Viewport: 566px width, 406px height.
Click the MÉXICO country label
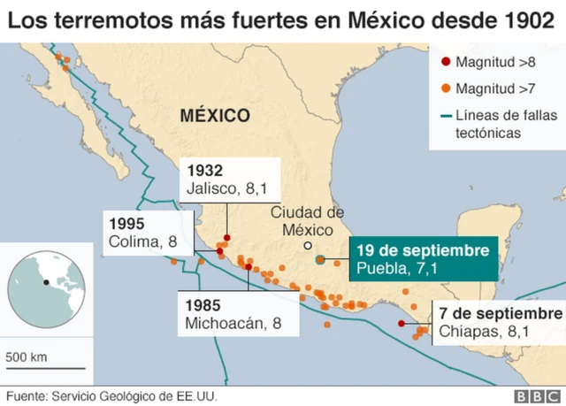point(214,115)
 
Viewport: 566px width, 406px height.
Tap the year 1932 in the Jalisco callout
point(203,171)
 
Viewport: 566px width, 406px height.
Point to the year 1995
point(126,223)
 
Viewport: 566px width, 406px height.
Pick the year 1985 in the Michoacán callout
point(203,305)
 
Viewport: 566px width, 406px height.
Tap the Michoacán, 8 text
point(233,323)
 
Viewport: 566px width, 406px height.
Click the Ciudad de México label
point(306,220)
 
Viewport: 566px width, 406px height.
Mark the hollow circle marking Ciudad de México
point(307,245)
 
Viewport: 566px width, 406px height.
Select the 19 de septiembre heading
point(422,250)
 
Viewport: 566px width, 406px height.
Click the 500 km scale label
point(27,357)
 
